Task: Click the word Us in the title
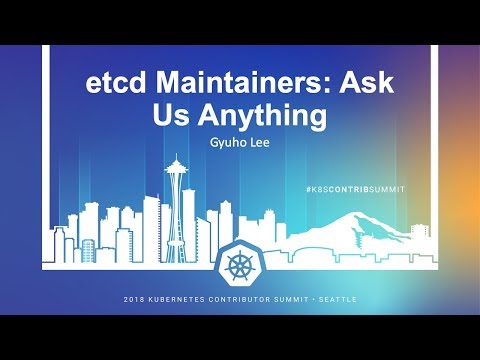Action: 172,116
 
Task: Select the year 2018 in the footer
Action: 135,299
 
